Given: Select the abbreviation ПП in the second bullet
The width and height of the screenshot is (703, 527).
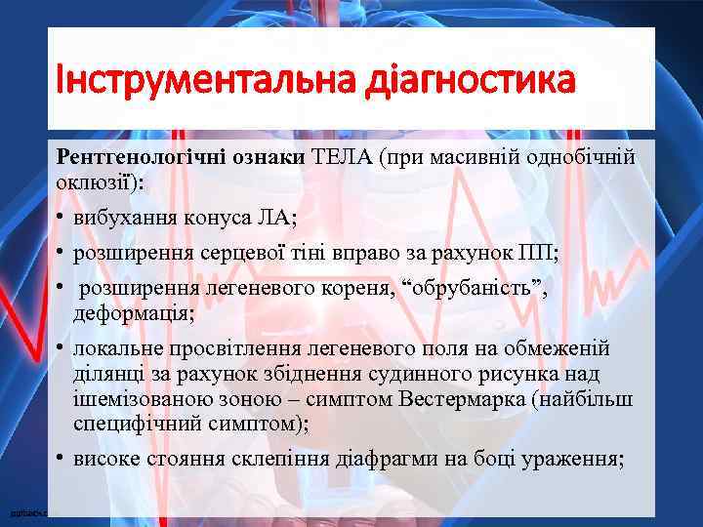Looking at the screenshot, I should click(x=538, y=255).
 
